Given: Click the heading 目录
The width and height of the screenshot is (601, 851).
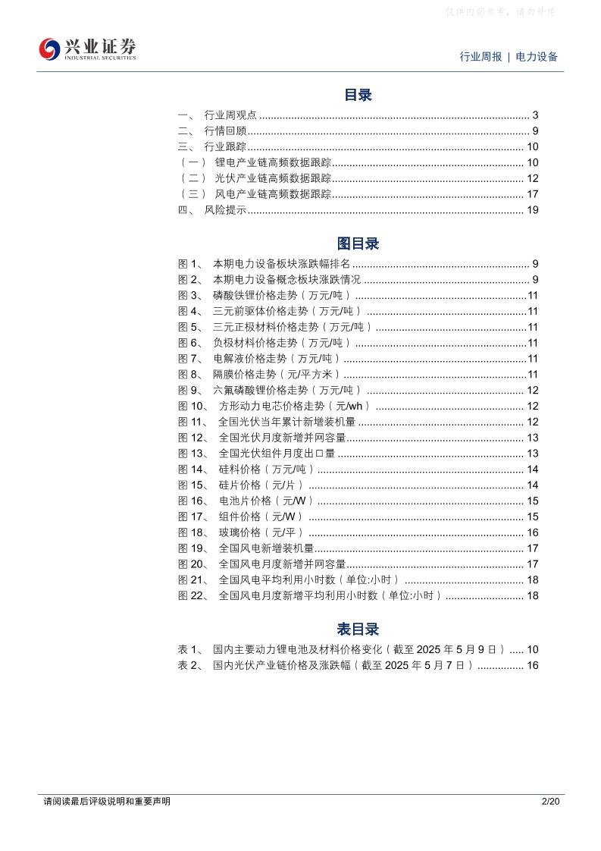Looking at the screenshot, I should (358, 95).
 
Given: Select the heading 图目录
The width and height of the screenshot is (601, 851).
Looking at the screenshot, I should (358, 243).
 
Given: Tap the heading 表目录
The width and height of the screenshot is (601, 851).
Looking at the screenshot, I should (358, 629).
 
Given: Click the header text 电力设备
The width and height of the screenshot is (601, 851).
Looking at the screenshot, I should (537, 57).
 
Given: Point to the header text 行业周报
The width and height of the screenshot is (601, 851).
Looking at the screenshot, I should (480, 57).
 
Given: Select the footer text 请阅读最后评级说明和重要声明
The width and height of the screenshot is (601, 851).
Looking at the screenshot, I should (107, 801).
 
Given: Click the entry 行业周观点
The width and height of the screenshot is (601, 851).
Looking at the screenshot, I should (230, 115).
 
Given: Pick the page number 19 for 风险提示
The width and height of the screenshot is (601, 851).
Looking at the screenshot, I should (532, 210).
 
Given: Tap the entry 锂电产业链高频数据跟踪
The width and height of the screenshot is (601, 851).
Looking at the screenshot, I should (273, 163).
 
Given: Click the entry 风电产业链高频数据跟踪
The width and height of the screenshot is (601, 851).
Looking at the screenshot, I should (273, 194).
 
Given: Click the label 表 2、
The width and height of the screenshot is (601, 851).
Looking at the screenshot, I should (190, 665).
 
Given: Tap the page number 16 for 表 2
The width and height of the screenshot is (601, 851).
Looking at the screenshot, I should (532, 665).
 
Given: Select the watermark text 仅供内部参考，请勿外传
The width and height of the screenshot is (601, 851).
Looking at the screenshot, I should (501, 12).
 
